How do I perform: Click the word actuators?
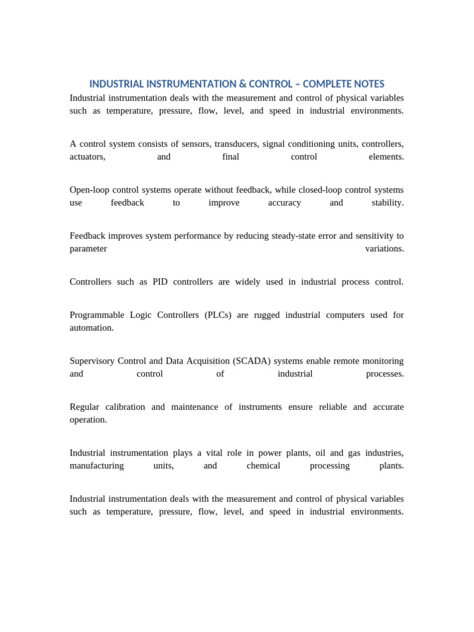pos(88,157)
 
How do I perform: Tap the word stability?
pos(388,202)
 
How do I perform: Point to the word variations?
pos(385,249)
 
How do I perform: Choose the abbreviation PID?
pos(160,282)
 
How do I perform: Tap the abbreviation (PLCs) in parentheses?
pos(218,315)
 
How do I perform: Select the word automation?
pos(92,328)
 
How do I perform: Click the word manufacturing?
pos(97,466)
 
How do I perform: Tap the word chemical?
pos(264,466)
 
